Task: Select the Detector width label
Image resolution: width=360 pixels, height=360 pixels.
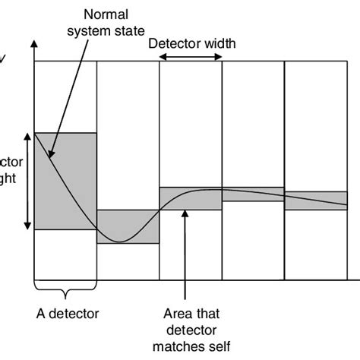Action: [x=191, y=43]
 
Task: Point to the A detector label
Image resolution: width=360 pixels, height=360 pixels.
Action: [x=68, y=312]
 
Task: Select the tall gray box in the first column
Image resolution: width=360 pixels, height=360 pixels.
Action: [x=66, y=181]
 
